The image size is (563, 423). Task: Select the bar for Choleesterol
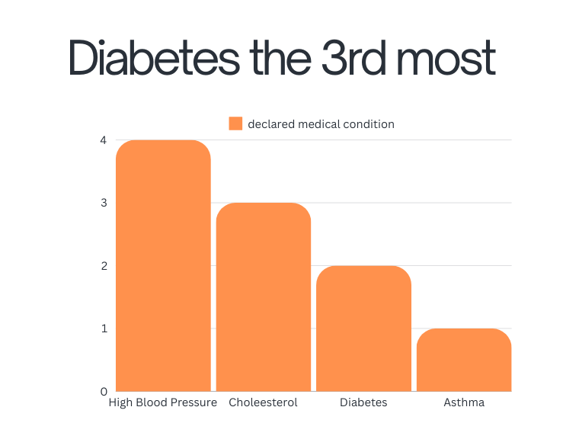coord(264,297)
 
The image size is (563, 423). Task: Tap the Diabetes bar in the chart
coord(363,328)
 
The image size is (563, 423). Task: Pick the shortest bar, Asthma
coord(464,360)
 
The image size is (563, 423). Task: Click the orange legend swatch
coord(235,123)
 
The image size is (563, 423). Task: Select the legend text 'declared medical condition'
coord(321,123)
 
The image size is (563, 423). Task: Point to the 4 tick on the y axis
coord(103,140)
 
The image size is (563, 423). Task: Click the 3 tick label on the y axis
coord(103,203)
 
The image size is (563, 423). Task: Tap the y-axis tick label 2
coord(103,266)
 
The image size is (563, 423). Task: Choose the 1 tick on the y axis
coord(103,328)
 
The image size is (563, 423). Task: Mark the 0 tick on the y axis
coord(103,392)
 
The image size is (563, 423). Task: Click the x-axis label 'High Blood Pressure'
coord(163,402)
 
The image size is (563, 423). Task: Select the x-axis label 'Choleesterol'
coord(263,402)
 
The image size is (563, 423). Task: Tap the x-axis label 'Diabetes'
coord(363,402)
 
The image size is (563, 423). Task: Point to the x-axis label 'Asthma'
coord(464,402)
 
